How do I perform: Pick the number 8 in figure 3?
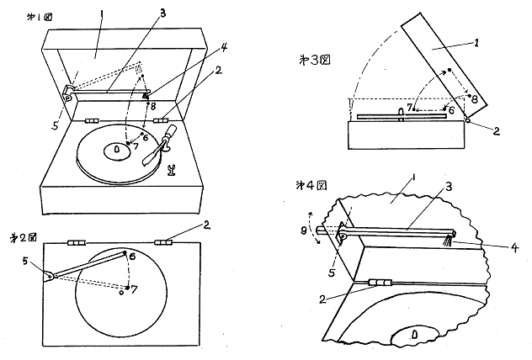tap(474, 98)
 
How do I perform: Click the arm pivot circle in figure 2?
tap(49, 275)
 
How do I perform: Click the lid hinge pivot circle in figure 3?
tap(468, 120)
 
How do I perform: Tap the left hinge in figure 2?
tap(76, 242)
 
